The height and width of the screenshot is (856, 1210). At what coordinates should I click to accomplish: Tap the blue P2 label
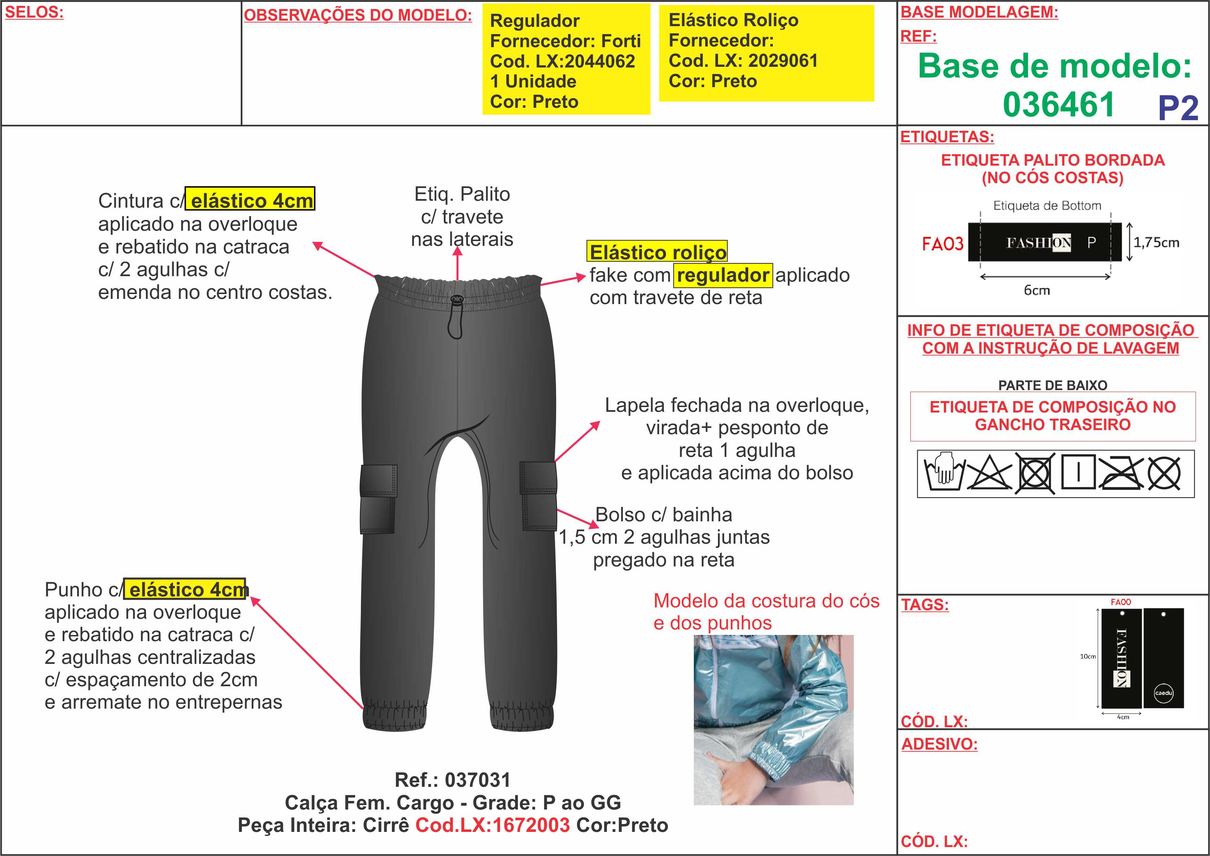click(x=1178, y=108)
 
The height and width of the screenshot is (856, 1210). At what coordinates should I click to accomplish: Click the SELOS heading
click(x=34, y=13)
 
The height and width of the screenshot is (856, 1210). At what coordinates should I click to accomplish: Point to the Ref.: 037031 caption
click(x=453, y=780)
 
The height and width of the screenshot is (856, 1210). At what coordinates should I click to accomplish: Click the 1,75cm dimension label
click(x=1156, y=242)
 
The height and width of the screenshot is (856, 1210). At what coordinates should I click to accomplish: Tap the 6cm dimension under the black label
click(x=1036, y=290)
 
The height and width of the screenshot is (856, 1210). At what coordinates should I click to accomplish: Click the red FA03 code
click(x=942, y=243)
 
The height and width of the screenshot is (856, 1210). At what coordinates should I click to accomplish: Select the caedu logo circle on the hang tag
click(x=1164, y=692)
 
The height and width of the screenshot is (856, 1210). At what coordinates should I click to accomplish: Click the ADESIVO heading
click(x=939, y=744)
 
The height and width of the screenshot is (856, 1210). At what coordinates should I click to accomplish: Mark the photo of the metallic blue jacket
click(x=773, y=720)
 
